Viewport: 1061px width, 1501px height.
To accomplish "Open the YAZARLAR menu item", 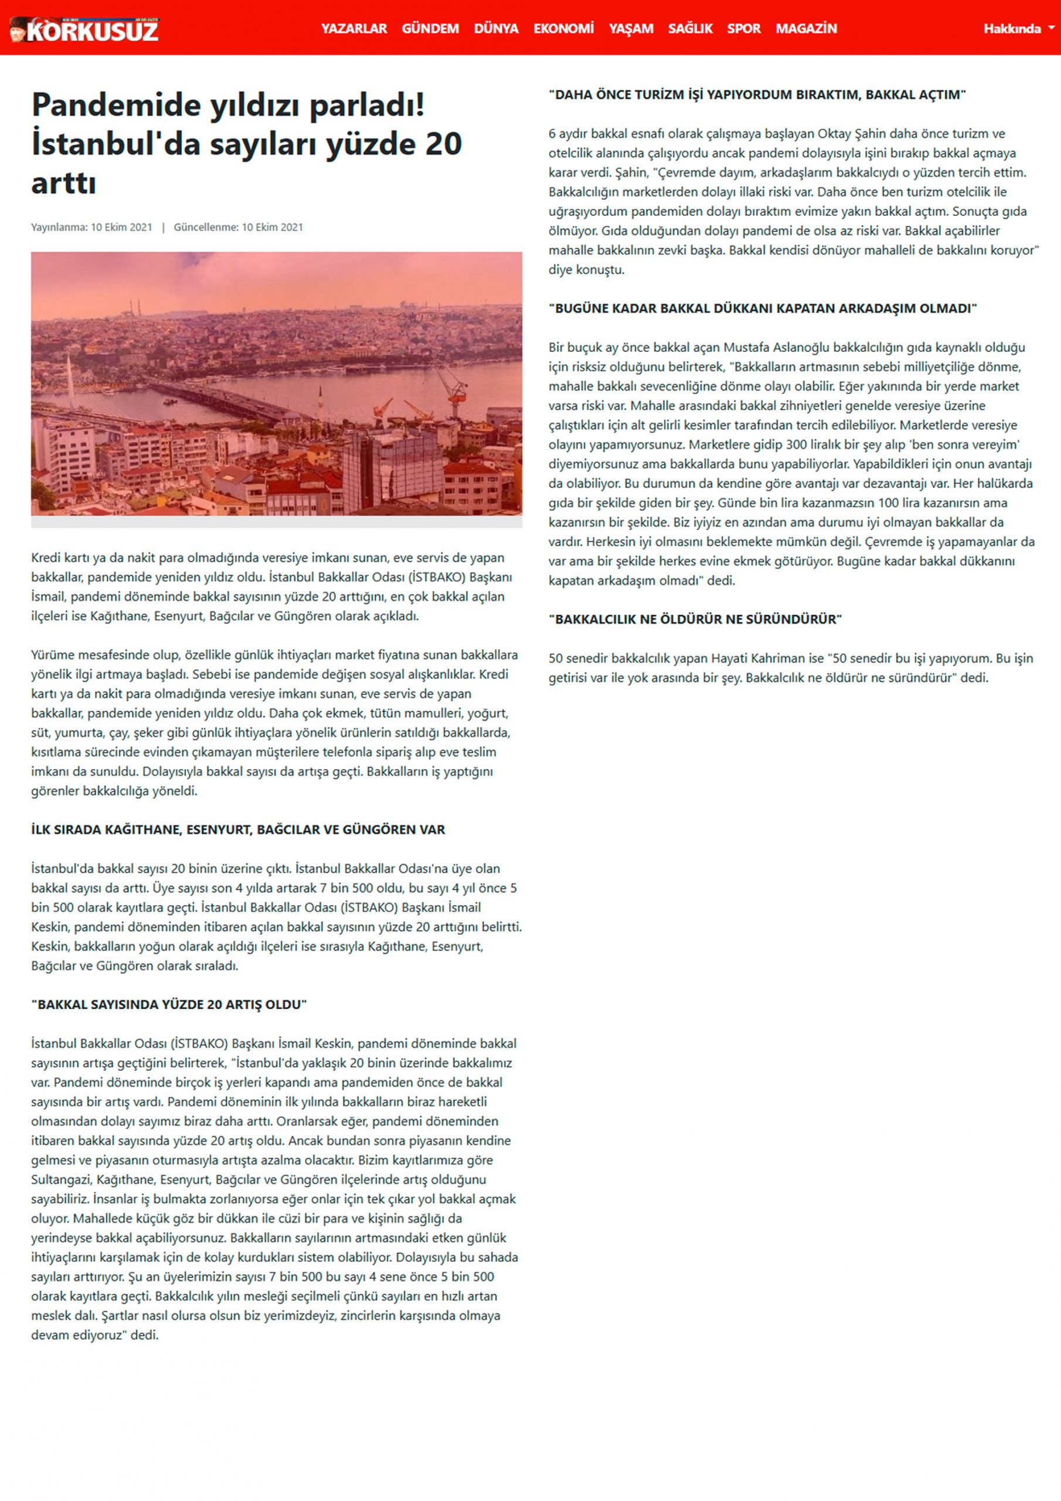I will (353, 29).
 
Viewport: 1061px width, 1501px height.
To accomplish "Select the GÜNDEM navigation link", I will (430, 29).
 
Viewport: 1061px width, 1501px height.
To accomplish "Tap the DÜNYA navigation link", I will (496, 29).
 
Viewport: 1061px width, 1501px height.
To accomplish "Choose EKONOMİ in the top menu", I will (563, 29).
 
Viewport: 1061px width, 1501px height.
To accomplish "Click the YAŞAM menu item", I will (631, 29).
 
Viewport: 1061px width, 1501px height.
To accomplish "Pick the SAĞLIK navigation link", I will (691, 29).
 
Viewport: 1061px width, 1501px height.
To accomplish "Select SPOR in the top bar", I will (744, 29).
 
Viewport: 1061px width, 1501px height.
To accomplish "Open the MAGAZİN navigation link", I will (806, 29).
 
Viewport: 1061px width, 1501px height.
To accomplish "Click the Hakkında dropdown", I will (1018, 29).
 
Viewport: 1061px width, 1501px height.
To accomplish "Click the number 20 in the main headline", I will (443, 144).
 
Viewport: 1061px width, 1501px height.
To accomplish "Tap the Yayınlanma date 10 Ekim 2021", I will (121, 227).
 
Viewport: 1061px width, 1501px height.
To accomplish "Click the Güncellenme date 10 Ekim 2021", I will (272, 227).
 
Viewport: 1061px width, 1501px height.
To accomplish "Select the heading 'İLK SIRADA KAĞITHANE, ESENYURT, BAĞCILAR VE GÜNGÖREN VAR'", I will (238, 830).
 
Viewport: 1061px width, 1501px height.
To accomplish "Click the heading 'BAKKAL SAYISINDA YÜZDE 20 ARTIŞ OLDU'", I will (169, 1004).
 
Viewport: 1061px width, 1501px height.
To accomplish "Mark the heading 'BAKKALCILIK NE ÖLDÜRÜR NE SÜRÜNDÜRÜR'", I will (695, 619).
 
